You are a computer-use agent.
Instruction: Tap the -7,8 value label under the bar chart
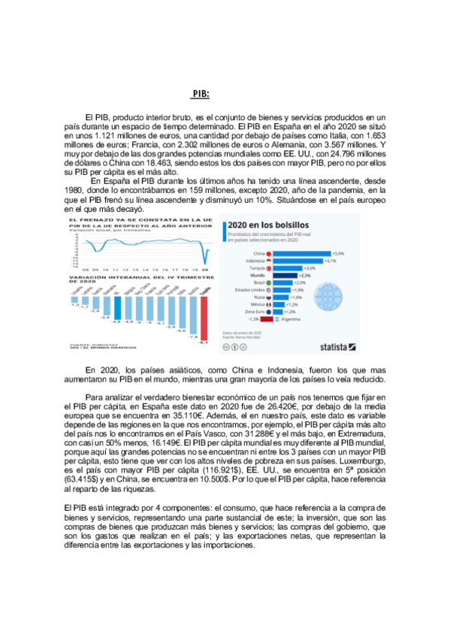coord(192,337)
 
